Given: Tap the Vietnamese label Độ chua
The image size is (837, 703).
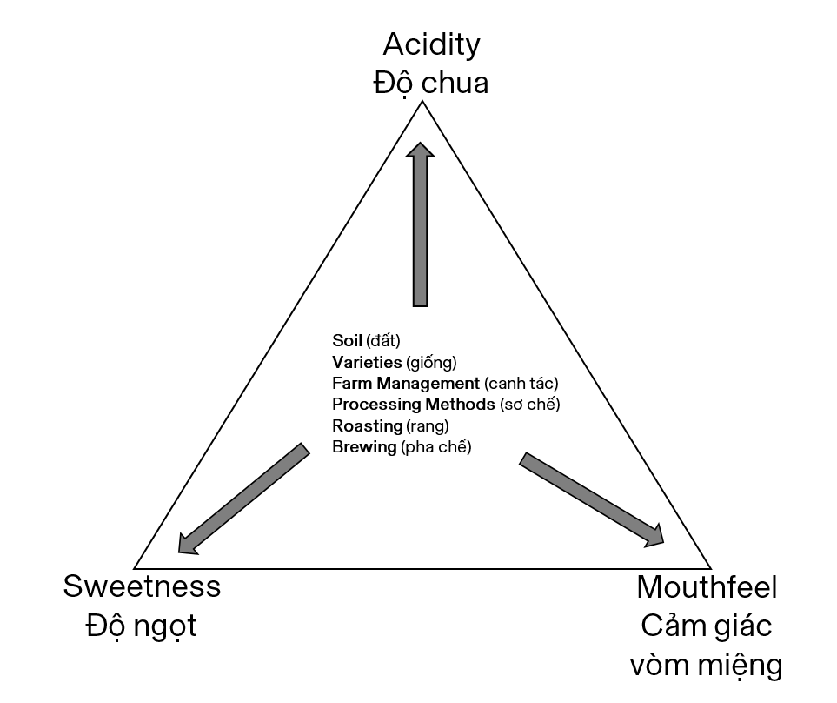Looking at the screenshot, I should point(431,84).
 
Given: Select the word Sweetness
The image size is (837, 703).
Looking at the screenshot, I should point(142,586).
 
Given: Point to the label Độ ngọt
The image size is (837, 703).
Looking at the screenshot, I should point(142,626).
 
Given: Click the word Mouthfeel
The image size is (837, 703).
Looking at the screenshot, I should point(706,587).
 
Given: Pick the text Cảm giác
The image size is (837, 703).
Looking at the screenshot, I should point(706,626).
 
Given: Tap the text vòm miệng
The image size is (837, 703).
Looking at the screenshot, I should point(706,666).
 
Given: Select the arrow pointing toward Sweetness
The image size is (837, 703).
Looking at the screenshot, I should point(242,499).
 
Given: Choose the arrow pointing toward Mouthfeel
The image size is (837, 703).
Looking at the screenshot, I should point(592,499).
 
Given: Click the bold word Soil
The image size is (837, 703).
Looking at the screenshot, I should point(347,339).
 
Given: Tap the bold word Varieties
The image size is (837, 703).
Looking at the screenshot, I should point(367,361).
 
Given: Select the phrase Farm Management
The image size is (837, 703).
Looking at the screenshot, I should point(405,383).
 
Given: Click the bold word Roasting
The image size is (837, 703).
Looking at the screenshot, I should point(367,425).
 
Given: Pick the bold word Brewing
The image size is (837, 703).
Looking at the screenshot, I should point(364,447).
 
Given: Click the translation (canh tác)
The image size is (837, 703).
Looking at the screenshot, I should point(521,383).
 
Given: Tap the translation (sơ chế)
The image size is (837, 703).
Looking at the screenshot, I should point(530,405).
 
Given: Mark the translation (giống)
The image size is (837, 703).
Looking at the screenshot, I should point(431,361).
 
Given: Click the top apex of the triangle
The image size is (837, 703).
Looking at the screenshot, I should point(423,103).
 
